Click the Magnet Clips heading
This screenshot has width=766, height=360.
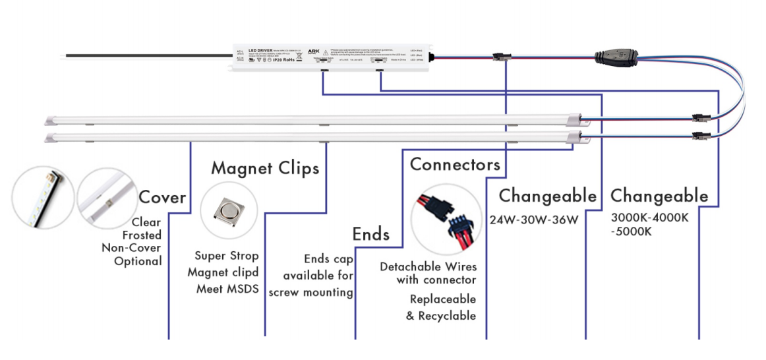tap(265, 168)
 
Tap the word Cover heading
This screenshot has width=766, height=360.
tap(162, 197)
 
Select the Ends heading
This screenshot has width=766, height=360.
tap(370, 234)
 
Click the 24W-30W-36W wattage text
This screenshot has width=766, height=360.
tap(534, 219)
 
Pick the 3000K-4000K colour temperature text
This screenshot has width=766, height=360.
tap(649, 218)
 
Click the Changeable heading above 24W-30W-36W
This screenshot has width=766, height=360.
tap(547, 196)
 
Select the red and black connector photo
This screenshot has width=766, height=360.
tap(446, 220)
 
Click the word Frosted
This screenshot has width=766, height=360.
tap(142, 235)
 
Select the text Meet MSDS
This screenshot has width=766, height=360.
tap(227, 288)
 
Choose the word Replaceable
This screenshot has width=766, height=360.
tap(442, 299)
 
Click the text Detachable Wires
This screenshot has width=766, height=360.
tap(428, 267)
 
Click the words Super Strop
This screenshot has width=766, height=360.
tap(227, 256)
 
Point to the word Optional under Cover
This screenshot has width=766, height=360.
tap(138, 261)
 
